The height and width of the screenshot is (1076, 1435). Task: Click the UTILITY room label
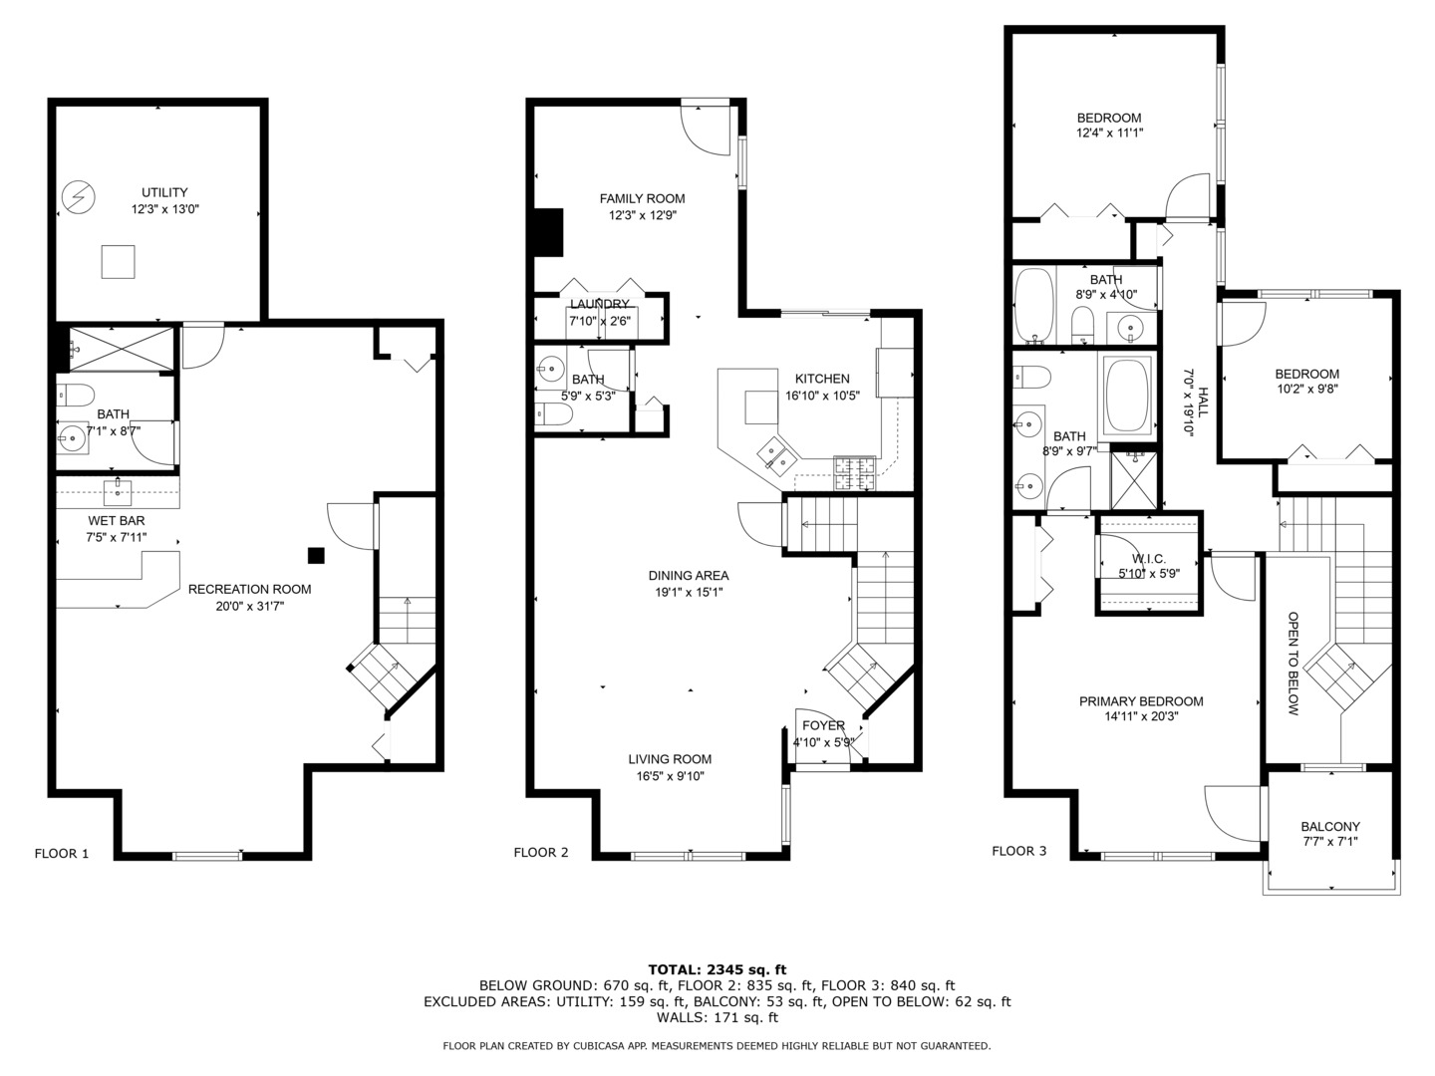coord(164,192)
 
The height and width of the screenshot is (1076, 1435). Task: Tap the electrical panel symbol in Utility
coord(78,197)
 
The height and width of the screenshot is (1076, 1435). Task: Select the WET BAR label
coord(116,520)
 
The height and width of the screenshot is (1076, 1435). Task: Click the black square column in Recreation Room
coord(316,556)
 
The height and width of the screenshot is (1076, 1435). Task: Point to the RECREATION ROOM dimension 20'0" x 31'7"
coord(249,606)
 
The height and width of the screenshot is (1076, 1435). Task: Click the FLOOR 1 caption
coord(62,853)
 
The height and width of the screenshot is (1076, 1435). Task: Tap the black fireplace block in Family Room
coord(548,232)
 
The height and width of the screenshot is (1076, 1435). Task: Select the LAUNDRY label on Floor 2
coord(600,304)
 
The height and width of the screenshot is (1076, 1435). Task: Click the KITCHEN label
coord(822,379)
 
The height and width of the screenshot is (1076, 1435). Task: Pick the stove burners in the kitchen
coord(854,472)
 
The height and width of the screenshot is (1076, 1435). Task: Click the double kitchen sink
coord(775,453)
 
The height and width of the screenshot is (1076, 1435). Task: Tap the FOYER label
coord(823,725)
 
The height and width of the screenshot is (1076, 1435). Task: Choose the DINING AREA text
coord(689,575)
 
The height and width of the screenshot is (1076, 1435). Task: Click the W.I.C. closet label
coord(1149,559)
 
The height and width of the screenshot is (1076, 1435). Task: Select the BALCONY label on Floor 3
coord(1330,826)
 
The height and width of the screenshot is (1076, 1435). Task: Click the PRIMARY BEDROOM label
coord(1141,701)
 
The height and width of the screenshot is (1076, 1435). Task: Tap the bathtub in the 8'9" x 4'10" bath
coord(1033,304)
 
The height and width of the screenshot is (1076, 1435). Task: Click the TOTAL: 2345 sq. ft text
coord(717,968)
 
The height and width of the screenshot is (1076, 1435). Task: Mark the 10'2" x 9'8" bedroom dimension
coord(1306,390)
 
